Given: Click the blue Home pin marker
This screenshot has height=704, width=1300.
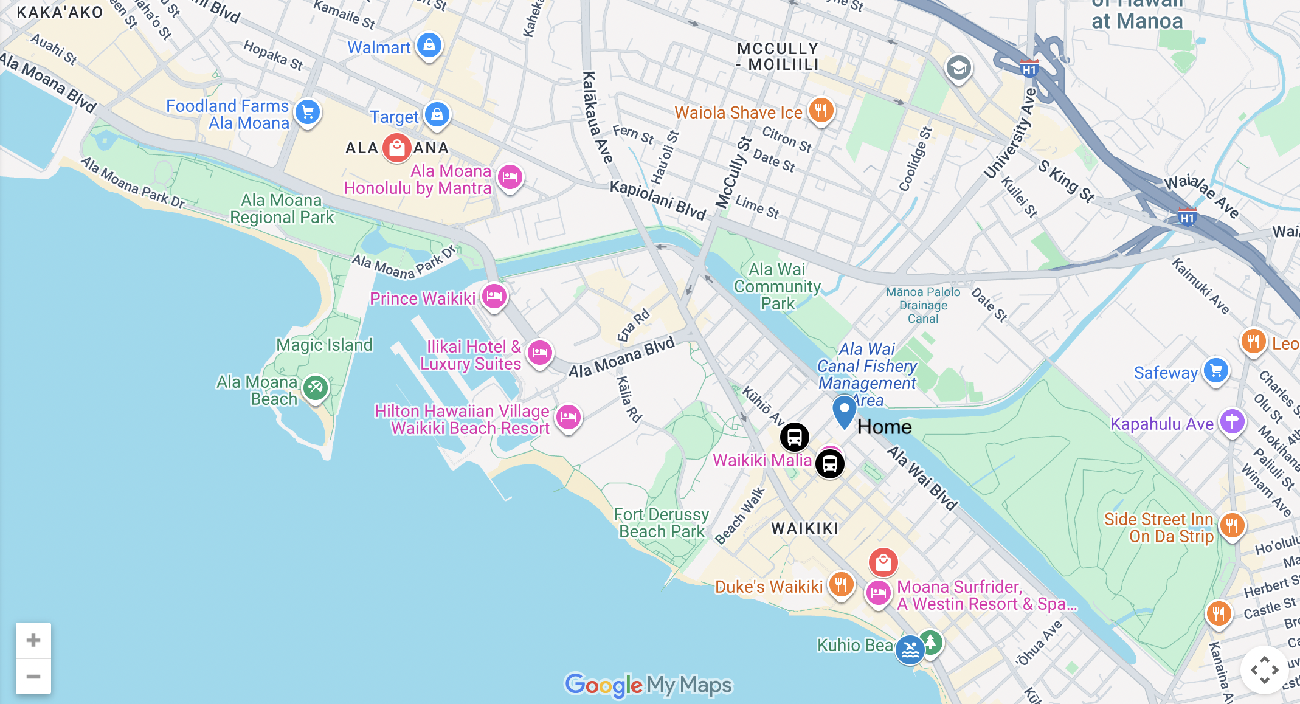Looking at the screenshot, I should [844, 411].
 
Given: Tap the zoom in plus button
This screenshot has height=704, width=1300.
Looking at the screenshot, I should [33, 640].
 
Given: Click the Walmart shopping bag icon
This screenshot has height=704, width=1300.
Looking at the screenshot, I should [429, 46].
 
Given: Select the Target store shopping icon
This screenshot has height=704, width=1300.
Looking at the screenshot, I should [437, 114].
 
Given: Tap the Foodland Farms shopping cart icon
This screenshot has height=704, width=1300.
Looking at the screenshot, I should [308, 112].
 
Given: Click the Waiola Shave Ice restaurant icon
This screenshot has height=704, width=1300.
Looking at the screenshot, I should [821, 110].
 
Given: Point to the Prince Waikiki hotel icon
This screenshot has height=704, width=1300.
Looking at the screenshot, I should [494, 296].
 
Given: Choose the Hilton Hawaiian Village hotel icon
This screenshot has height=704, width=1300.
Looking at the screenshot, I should [569, 417].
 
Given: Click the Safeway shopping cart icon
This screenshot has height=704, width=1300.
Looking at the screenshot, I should [1216, 370].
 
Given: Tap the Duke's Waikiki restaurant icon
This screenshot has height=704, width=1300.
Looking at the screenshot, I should [842, 585].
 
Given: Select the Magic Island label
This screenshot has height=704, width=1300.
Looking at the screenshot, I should [324, 345].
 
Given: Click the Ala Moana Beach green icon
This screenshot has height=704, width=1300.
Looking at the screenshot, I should [316, 387].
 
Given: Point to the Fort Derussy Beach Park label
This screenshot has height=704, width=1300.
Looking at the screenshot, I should [661, 523].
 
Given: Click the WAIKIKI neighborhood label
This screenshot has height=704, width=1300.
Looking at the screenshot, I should [805, 528].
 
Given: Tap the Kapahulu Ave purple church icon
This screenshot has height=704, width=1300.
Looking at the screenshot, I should [1232, 421].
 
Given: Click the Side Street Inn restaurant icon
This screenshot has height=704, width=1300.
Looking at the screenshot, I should [1232, 525].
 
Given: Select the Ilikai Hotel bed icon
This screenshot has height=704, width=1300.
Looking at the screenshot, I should [539, 352].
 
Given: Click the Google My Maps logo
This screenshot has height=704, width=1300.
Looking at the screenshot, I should [649, 685].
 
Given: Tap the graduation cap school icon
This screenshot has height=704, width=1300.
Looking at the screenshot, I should [958, 68].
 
